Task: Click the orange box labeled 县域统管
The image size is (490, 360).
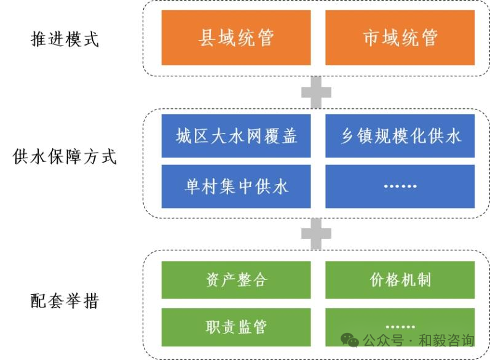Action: pyautogui.click(x=235, y=38)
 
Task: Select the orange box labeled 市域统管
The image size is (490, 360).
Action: pyautogui.click(x=400, y=38)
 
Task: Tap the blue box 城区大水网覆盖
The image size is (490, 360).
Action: pyautogui.click(x=235, y=135)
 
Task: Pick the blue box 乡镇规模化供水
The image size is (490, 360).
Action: pyautogui.click(x=400, y=135)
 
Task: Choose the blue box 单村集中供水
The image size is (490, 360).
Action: pyautogui.click(x=235, y=186)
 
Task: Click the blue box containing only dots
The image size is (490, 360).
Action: pyautogui.click(x=400, y=186)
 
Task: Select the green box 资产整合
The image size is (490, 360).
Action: pyautogui.click(x=235, y=280)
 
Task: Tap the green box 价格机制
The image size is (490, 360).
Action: pyautogui.click(x=400, y=280)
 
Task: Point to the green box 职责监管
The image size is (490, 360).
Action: pyautogui.click(x=235, y=327)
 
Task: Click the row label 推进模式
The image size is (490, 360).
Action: pyautogui.click(x=65, y=39)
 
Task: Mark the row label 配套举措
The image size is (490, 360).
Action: pyautogui.click(x=65, y=302)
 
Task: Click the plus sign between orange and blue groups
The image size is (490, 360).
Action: pyautogui.click(x=316, y=93)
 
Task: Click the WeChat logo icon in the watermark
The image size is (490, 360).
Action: pyautogui.click(x=350, y=340)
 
